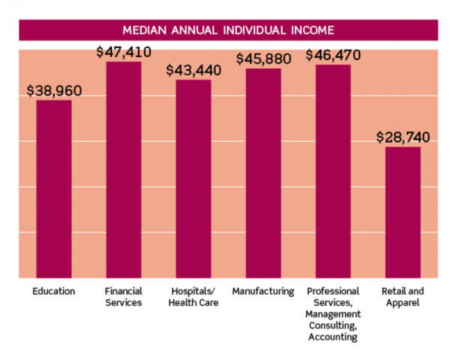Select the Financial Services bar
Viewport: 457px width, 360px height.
coord(124,169)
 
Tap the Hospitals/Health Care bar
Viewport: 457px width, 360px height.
coord(194,178)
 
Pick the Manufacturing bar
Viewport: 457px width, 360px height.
coord(263,173)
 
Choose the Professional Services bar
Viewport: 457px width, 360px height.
coord(333,172)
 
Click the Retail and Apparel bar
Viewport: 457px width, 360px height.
coord(403,212)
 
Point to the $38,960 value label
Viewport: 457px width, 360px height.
coord(54,91)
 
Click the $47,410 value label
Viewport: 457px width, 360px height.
coord(124,52)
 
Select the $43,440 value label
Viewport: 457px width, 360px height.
coord(194,70)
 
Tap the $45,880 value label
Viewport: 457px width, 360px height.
coord(263,58)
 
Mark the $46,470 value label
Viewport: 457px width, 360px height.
coord(333,55)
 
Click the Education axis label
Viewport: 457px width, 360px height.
coord(54,291)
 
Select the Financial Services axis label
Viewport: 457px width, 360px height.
coord(124,297)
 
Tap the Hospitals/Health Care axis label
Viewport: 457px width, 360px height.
coord(194,297)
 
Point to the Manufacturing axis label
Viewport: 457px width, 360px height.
coord(263,291)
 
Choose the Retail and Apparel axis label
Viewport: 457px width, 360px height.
coord(403,297)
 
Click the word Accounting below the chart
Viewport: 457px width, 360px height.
coord(333,337)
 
